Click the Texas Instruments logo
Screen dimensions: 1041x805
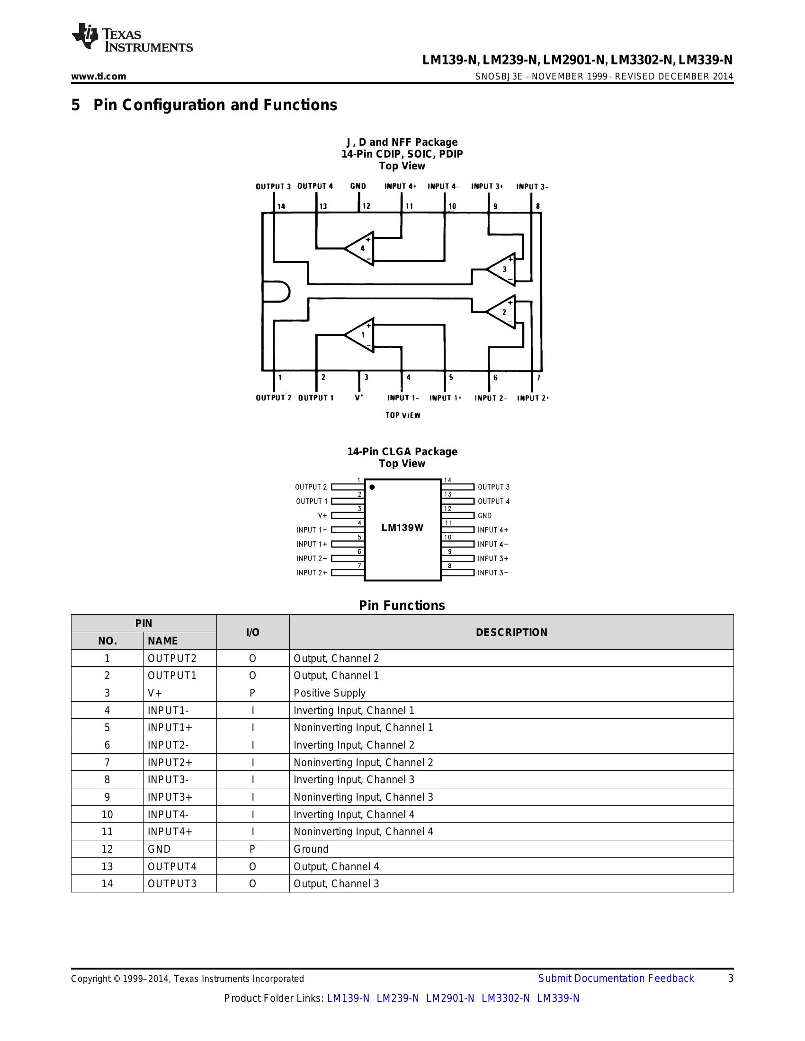[132, 37]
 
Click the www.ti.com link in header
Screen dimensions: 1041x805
[98, 76]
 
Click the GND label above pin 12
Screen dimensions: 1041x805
[358, 186]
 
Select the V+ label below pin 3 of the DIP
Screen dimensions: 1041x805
[358, 397]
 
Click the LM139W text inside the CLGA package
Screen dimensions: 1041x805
[402, 528]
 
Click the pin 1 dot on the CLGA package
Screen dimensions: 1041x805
[372, 487]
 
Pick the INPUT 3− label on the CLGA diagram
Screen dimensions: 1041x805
[492, 573]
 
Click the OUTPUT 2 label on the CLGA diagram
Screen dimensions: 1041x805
[311, 486]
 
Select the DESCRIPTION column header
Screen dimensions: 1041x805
[511, 632]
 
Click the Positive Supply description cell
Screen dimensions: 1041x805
[330, 693]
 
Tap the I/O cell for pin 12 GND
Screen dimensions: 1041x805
[252, 849]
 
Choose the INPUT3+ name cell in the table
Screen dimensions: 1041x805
[170, 797]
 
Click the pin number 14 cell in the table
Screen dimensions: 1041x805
[107, 883]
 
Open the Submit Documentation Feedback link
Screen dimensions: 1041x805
[616, 978]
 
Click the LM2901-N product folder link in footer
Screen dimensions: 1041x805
[450, 998]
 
